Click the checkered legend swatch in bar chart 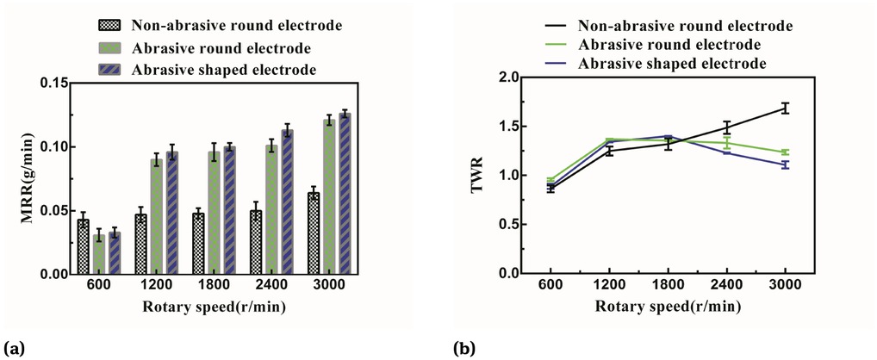pyautogui.click(x=107, y=23)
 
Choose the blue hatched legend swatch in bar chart pyautogui.click(x=107, y=68)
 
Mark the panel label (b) pyautogui.click(x=463, y=349)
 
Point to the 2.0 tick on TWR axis pyautogui.click(x=511, y=78)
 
